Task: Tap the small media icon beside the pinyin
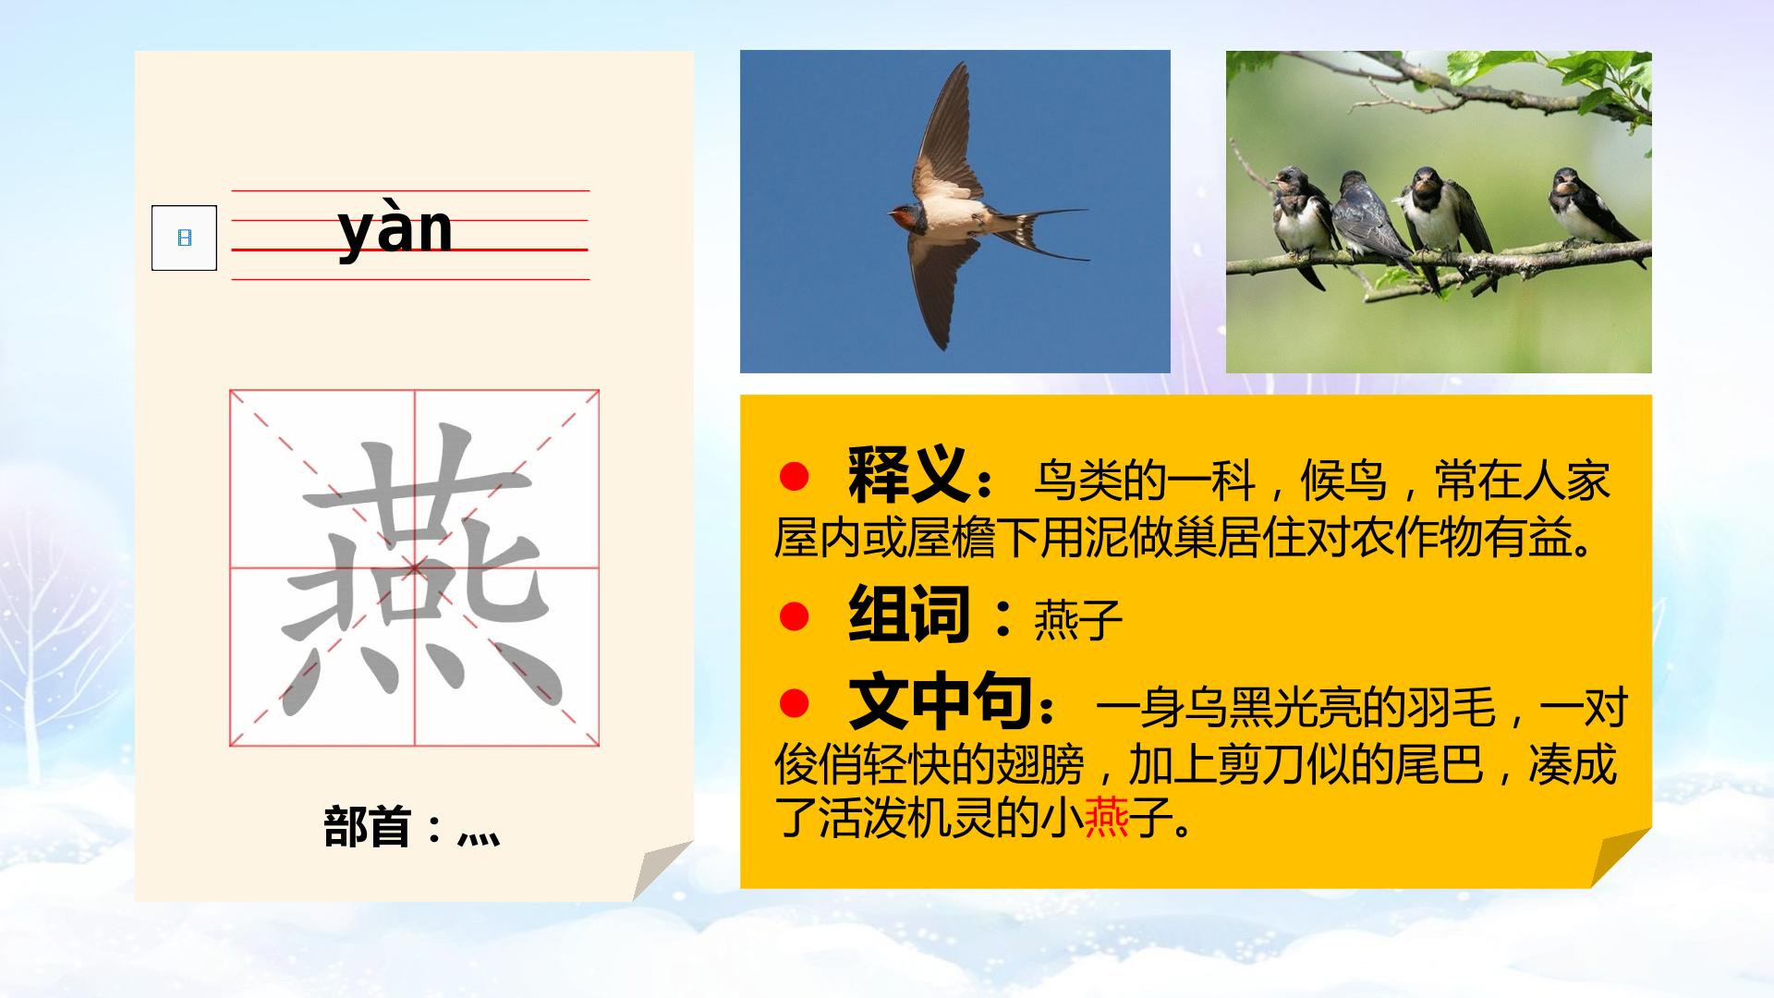[184, 237]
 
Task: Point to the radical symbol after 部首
[479, 837]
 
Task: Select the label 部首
[367, 827]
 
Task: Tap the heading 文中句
[940, 703]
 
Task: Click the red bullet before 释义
[794, 477]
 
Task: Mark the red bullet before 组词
[794, 615]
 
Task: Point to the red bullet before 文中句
[794, 704]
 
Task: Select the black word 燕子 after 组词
[1077, 618]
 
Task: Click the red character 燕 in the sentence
[1107, 816]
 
